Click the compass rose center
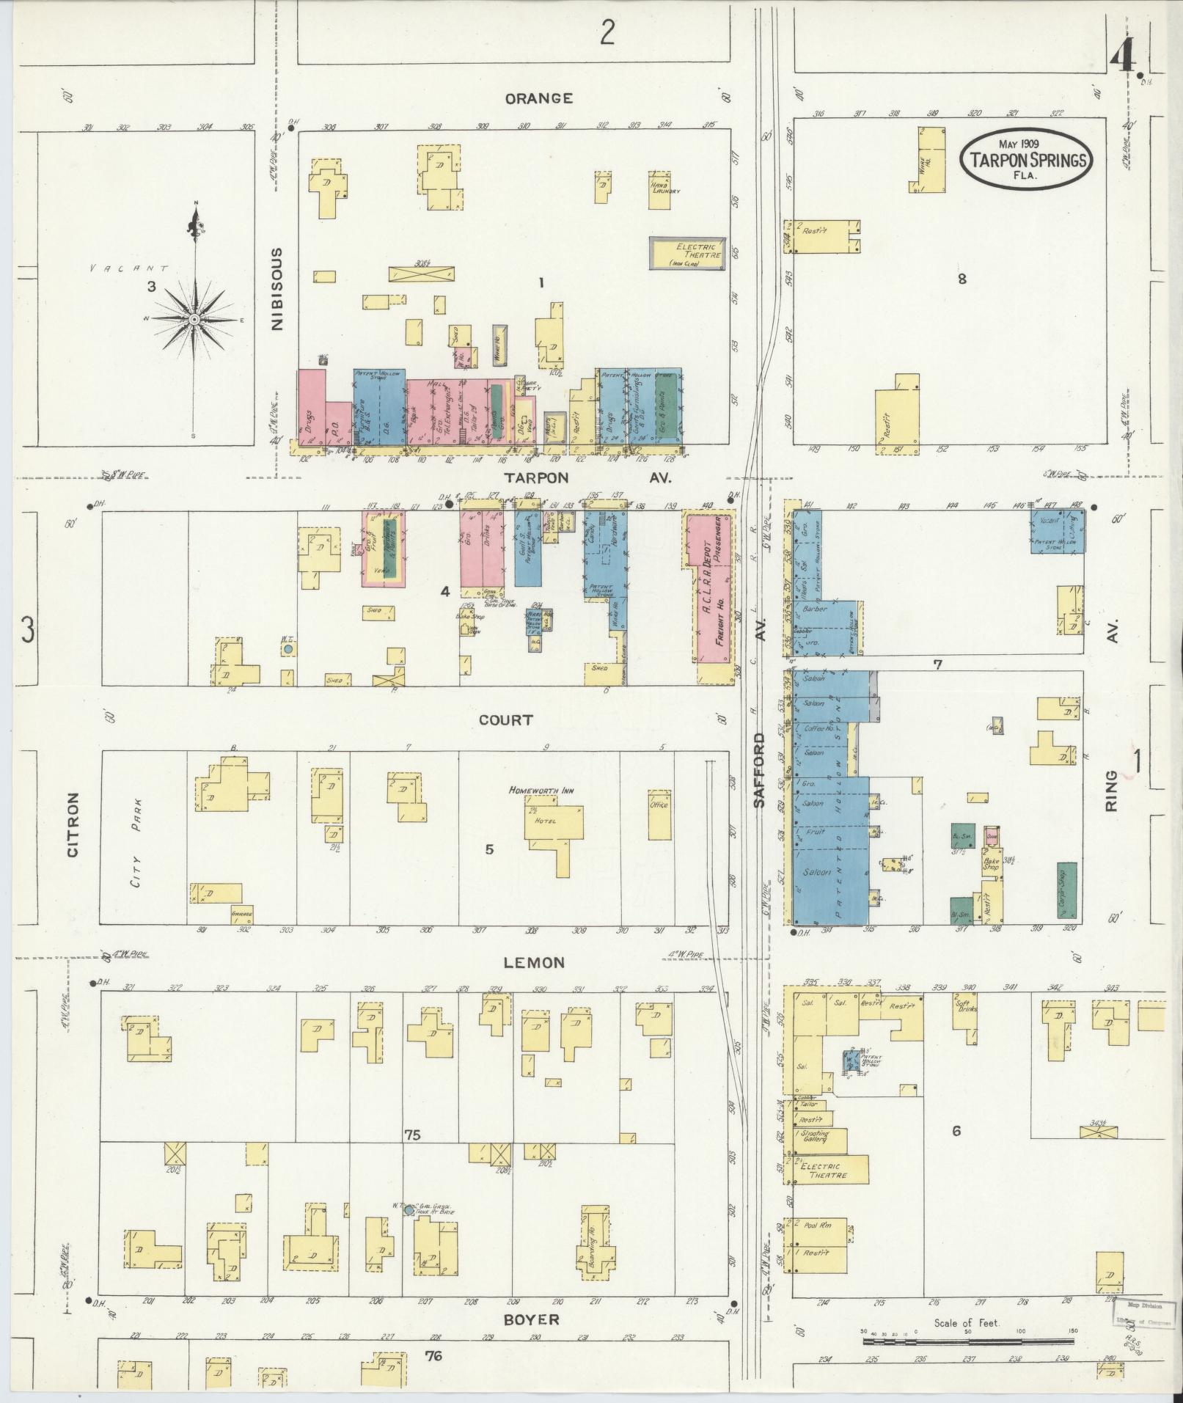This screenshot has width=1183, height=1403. [x=194, y=320]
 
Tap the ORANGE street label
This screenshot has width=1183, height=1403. [x=538, y=98]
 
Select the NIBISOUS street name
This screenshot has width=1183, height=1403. [x=277, y=289]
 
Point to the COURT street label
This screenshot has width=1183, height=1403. [x=505, y=720]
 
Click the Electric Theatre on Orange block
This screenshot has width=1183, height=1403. [x=687, y=252]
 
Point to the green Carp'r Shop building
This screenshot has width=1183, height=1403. [x=1069, y=890]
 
